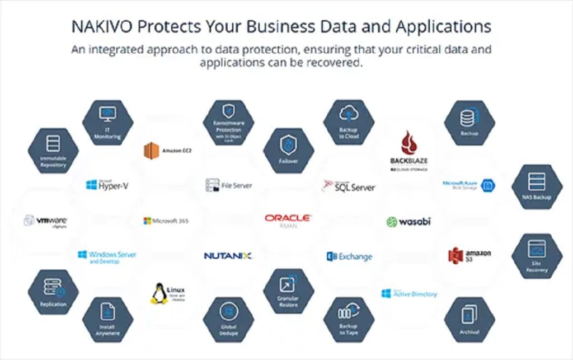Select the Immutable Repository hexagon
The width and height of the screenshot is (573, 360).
pyautogui.click(x=53, y=150)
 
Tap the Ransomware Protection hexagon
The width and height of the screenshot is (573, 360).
pyautogui.click(x=228, y=122)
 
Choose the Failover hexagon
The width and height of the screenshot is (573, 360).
pyautogui.click(x=288, y=150)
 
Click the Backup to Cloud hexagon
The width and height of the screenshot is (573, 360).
pyautogui.click(x=349, y=122)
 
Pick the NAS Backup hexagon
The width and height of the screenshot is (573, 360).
pyautogui.click(x=537, y=186)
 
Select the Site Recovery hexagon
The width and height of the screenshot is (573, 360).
pyautogui.click(x=537, y=255)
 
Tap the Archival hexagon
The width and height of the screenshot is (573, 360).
pyautogui.click(x=469, y=319)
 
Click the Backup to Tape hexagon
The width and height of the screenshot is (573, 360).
pyautogui.click(x=349, y=319)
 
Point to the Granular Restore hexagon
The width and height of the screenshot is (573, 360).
pyautogui.click(x=288, y=291)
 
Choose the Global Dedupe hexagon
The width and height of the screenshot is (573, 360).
pyautogui.click(x=228, y=319)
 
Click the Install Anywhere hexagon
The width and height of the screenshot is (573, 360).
pyautogui.click(x=107, y=319)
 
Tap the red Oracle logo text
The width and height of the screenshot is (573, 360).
pyautogui.click(x=288, y=218)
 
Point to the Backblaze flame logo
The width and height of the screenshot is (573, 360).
pyautogui.click(x=409, y=143)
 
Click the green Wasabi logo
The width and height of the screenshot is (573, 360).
pyautogui.click(x=409, y=222)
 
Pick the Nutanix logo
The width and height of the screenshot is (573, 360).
pyautogui.click(x=228, y=256)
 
